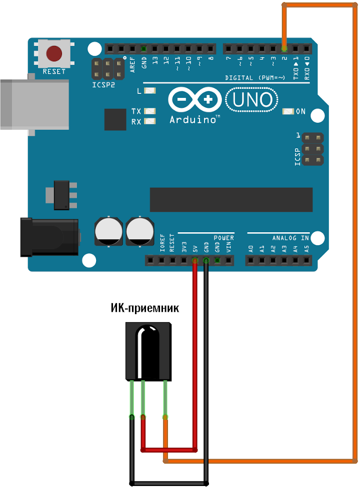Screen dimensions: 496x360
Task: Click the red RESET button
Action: point(54,53)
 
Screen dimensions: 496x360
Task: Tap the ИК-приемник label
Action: point(144,308)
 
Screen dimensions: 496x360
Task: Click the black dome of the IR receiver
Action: point(149,350)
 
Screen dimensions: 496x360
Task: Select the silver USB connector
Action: point(33,104)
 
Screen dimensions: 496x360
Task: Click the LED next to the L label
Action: point(149,91)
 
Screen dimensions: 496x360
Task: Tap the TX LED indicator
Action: point(149,111)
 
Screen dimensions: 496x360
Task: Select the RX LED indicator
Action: point(149,121)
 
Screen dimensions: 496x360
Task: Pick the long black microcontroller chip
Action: point(231,199)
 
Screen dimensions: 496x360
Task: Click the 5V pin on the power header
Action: point(195,260)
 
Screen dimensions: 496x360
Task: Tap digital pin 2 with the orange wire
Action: point(284,49)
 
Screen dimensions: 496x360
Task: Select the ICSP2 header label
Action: point(103,85)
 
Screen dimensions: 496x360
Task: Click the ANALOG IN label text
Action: point(290,238)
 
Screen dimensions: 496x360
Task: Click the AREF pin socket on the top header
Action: point(132,49)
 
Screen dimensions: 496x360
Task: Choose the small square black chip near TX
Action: point(115,119)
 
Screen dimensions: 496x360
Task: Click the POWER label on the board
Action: point(223,238)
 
